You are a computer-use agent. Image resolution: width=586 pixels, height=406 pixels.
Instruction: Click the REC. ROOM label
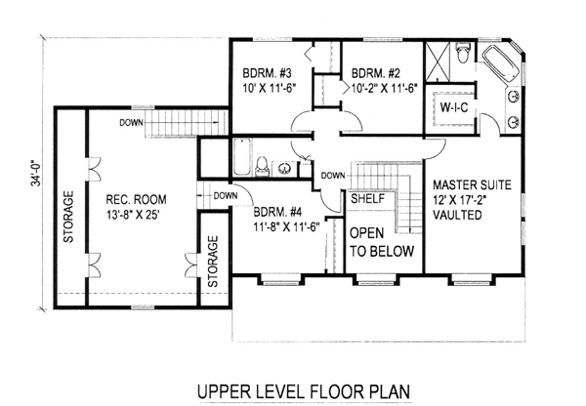tap(136, 199)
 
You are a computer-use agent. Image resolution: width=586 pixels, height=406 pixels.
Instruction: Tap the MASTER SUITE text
tap(472, 184)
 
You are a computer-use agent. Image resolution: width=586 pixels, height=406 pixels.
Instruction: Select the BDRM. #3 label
tap(267, 72)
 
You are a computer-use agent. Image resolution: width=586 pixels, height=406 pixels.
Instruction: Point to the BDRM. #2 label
tap(376, 72)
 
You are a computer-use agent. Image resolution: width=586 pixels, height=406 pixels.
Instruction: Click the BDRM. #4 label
tap(277, 212)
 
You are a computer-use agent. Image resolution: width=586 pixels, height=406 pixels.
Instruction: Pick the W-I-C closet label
tap(454, 107)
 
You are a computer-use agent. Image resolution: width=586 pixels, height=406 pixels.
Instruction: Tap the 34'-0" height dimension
tap(36, 174)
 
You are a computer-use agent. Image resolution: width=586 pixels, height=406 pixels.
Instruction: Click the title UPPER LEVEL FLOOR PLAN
tap(304, 391)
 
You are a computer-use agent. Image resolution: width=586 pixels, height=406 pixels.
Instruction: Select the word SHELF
tap(368, 199)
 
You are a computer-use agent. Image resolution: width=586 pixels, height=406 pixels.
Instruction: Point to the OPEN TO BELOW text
tap(382, 242)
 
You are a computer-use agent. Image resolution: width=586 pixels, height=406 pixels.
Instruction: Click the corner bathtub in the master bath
tap(501, 66)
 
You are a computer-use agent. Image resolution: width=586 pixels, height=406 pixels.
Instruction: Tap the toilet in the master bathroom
tap(463, 53)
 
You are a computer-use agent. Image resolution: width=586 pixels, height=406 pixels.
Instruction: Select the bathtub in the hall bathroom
tap(242, 157)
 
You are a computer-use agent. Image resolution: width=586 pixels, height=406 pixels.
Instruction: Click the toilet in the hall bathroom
tap(262, 166)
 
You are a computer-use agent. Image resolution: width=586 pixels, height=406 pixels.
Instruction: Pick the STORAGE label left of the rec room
tap(68, 217)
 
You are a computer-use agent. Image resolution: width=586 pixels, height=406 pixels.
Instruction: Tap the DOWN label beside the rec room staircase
tap(131, 123)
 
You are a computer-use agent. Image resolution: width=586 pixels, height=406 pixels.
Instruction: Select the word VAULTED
tap(457, 215)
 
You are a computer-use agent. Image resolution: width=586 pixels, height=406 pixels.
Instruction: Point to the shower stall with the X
tap(438, 62)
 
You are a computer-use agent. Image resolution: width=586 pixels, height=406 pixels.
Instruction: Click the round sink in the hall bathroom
tap(285, 168)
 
